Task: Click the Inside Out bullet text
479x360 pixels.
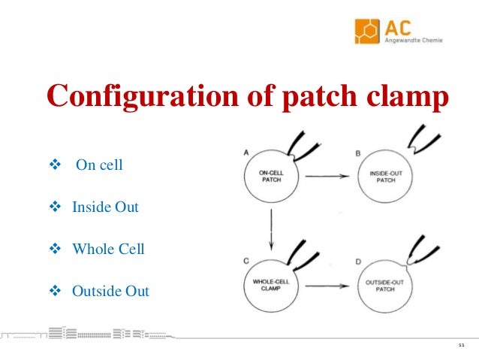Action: click(105, 207)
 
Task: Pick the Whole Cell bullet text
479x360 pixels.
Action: click(108, 249)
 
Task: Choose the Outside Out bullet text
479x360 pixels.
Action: click(110, 291)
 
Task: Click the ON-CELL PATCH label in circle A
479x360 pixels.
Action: click(267, 177)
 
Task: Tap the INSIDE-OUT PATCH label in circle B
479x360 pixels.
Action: click(383, 177)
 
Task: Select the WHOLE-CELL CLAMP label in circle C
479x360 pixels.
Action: click(267, 286)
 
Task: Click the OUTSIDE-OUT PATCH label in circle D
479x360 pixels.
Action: click(383, 286)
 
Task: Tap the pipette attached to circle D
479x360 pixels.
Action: click(420, 251)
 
